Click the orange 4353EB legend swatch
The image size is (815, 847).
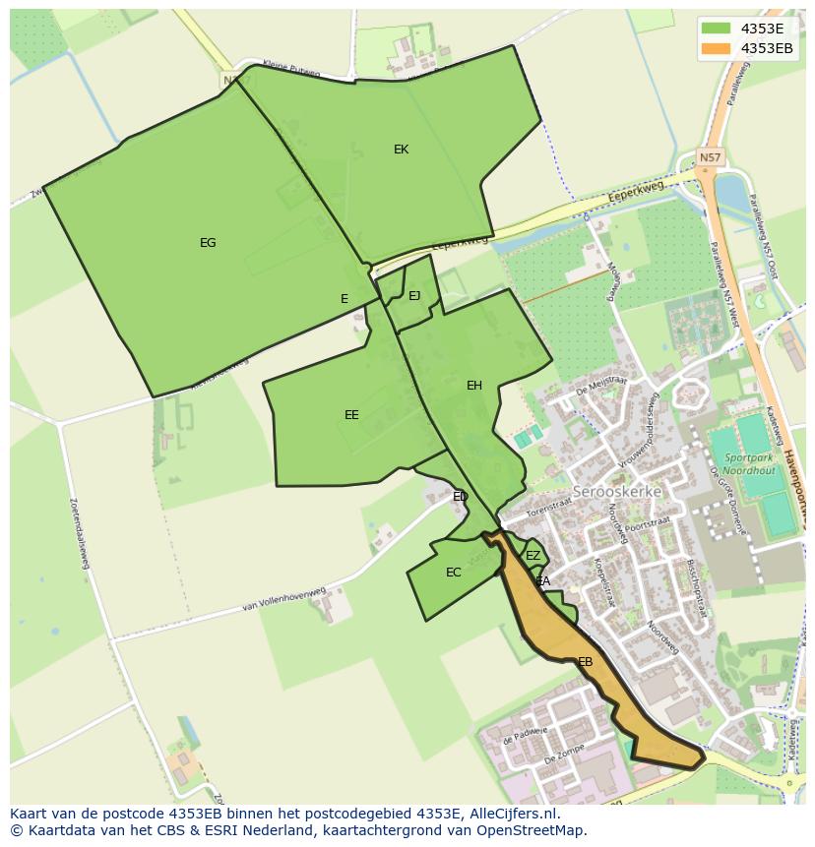(716, 48)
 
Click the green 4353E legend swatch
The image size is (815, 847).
(716, 29)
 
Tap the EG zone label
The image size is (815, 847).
(208, 243)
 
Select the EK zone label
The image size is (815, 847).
(401, 150)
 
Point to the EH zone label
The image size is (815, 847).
(474, 386)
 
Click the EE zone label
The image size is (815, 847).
(351, 415)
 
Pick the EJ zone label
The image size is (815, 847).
(414, 296)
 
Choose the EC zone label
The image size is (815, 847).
(453, 573)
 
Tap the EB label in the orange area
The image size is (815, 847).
(586, 662)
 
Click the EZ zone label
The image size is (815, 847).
(533, 556)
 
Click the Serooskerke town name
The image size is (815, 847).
(617, 491)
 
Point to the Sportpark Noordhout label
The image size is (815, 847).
(748, 464)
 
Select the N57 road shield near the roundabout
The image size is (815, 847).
(709, 156)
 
